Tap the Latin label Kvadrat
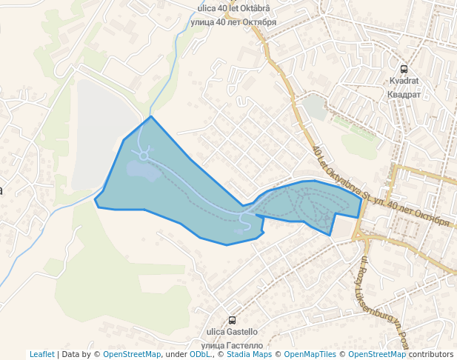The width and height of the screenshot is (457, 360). [404, 81]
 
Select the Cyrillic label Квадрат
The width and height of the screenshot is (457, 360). [404, 94]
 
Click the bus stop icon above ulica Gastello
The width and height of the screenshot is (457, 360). [233, 320]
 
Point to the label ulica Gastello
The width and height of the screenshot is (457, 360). [233, 332]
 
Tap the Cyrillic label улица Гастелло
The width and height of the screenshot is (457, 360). [233, 345]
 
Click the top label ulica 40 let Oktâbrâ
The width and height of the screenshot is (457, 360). [234, 9]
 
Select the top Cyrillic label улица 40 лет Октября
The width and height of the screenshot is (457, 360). [234, 21]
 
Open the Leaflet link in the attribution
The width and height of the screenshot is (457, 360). [42, 354]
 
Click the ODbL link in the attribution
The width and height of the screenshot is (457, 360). [199, 354]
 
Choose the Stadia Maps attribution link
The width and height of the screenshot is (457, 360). [247, 354]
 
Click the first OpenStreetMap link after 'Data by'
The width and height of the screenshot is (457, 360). [132, 354]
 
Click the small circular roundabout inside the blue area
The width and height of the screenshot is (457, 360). [143, 156]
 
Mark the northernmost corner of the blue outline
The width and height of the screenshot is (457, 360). [151, 116]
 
